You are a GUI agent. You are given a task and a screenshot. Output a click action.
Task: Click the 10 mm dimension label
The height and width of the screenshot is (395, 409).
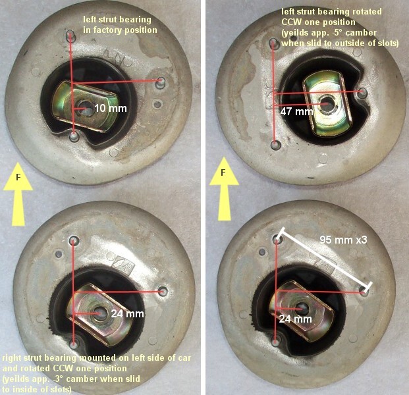coord(111,108)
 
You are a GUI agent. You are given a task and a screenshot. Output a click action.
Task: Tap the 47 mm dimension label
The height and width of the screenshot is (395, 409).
coord(296,112)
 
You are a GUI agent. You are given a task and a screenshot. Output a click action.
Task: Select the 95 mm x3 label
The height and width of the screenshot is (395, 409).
coord(344,240)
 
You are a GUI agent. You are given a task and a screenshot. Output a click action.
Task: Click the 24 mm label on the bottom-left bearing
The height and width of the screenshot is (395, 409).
coord(128,313)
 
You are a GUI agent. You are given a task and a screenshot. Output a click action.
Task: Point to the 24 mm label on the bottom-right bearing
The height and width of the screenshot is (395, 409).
coord(295,319)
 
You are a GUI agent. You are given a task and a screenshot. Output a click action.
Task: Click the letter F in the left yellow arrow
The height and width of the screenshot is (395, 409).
coord(18,178)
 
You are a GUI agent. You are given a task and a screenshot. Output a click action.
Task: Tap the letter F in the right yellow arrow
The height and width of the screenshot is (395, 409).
coord(223,172)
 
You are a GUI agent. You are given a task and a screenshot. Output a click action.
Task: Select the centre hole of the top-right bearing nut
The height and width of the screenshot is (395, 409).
coord(327,103)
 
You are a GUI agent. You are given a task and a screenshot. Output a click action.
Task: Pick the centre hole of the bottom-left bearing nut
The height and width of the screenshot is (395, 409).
coord(100,313)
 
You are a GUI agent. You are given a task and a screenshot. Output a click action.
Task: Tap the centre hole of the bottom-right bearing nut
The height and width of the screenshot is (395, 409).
coord(302,309)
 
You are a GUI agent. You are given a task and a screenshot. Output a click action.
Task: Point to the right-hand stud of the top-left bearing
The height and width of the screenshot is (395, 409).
coord(161,82)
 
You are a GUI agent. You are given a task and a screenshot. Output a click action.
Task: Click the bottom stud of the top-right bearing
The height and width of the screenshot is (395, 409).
coord(275,145)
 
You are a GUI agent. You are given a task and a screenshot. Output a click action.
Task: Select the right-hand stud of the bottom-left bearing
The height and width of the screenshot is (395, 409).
coord(163,291)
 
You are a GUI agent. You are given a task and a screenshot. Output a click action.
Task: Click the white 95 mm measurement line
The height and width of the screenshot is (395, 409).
coord(324,261)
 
